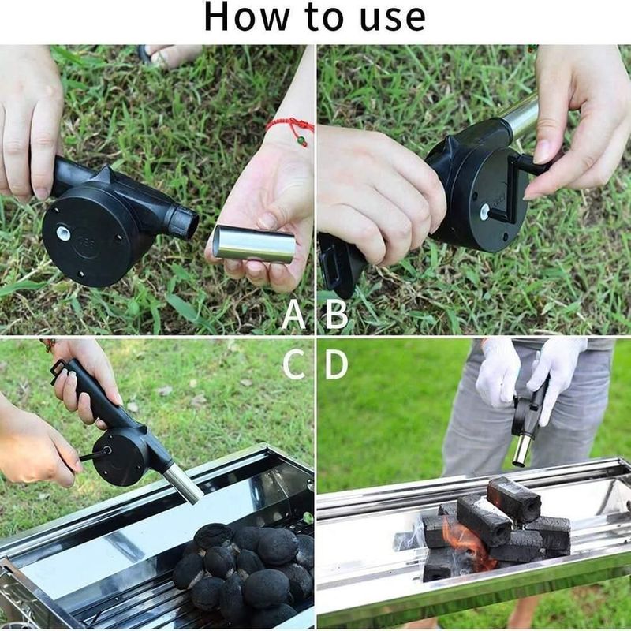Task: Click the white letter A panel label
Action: click(293, 314)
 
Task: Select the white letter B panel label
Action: click(336, 314)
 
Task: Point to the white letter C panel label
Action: click(293, 364)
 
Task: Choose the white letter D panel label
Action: click(336, 364)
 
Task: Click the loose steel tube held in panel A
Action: click(254, 244)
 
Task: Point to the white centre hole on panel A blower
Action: click(63, 233)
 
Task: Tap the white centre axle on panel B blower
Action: click(485, 211)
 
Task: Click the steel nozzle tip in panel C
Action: click(184, 484)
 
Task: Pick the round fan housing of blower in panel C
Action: click(120, 457)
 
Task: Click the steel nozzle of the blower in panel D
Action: click(523, 450)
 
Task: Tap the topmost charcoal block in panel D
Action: click(513, 499)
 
